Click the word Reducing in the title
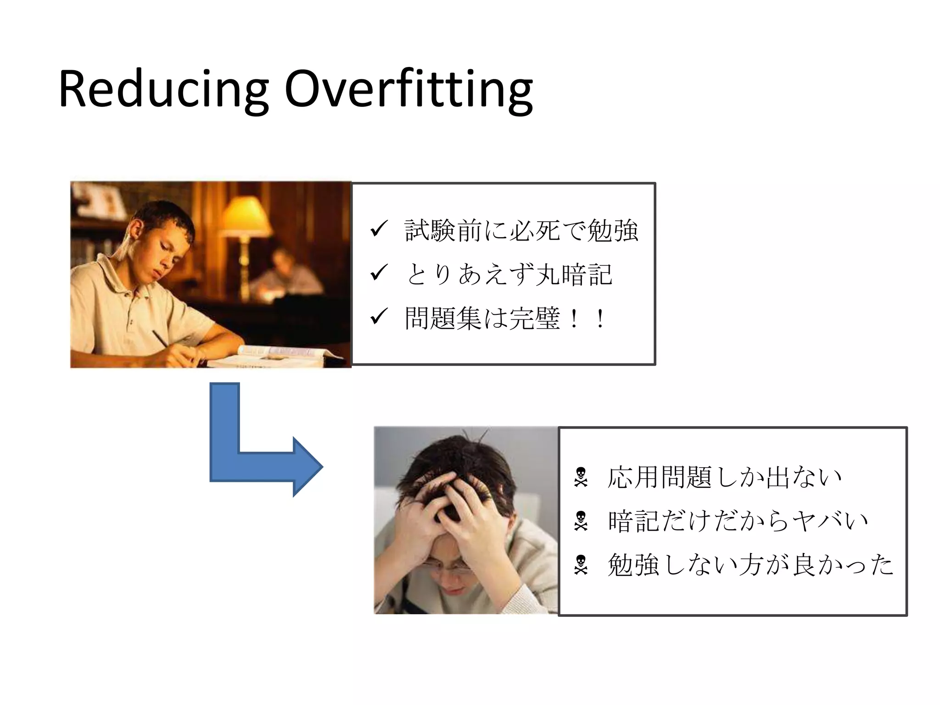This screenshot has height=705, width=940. pos(163,90)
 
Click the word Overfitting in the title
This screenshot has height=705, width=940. pos(408,90)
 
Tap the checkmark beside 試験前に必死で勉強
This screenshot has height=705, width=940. pos(379,229)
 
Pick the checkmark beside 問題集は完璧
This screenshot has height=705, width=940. pos(379,317)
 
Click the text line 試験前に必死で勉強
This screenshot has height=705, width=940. pos(521,230)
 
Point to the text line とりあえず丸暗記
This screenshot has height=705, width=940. pos(509,274)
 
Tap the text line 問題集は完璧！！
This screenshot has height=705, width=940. pos(505,318)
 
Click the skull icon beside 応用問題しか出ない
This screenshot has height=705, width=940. pos(581,477)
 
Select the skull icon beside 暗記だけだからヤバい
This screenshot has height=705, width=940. pos(581,521)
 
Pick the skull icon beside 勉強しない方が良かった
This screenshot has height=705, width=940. pos(581,565)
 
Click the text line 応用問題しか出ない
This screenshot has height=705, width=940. pos(724,477)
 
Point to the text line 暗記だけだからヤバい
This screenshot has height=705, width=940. pos(738,521)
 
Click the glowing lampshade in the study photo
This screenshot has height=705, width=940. pos(246,216)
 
